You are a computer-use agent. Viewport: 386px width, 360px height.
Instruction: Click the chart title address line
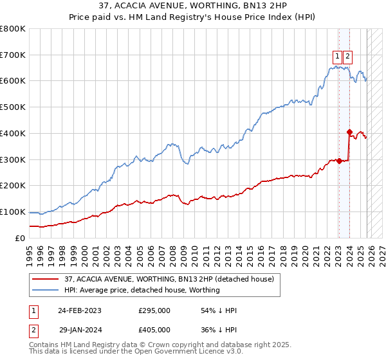[192, 6]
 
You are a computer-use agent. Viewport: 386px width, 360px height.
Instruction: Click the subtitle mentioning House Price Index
[192, 17]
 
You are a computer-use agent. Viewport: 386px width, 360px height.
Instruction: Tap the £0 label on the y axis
[19, 238]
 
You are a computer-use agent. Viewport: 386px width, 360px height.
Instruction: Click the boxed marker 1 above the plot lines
[337, 55]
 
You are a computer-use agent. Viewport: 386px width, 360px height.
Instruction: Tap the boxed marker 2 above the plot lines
[347, 55]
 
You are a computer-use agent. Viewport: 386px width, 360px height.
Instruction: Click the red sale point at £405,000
[349, 132]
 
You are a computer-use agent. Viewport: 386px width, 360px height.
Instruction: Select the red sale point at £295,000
[338, 161]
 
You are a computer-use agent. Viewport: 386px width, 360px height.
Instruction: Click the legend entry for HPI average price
[142, 290]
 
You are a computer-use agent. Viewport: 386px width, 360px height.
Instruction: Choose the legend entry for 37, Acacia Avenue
[169, 279]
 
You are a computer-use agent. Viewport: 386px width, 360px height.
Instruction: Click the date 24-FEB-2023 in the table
[80, 310]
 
